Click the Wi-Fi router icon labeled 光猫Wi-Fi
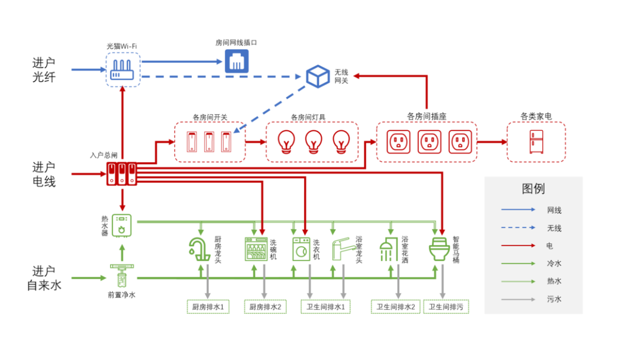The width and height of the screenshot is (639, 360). pyautogui.click(x=123, y=70)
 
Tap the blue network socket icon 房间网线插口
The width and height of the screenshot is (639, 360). pyautogui.click(x=237, y=61)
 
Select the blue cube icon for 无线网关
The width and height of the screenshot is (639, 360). pyautogui.click(x=318, y=76)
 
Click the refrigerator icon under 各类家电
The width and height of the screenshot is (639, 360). pyautogui.click(x=535, y=142)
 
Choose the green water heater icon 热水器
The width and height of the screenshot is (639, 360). pyautogui.click(x=122, y=225)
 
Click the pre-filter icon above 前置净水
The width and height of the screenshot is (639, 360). pyautogui.click(x=121, y=277)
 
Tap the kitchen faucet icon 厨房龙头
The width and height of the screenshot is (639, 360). pyautogui.click(x=199, y=249)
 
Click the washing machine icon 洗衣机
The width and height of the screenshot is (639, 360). pyautogui.click(x=301, y=249)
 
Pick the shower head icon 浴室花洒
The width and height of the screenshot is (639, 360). pyautogui.click(x=389, y=249)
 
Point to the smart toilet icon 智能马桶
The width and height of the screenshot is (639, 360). pyautogui.click(x=440, y=249)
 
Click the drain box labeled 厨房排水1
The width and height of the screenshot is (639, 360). pyautogui.click(x=208, y=307)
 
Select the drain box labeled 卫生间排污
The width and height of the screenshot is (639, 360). pyautogui.click(x=446, y=307)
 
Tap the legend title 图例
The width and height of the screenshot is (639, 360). pyautogui.click(x=533, y=189)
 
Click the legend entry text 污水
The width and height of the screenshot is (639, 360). pyautogui.click(x=554, y=299)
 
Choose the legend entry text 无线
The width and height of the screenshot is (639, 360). pyautogui.click(x=554, y=228)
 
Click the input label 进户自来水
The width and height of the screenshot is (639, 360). pyautogui.click(x=44, y=278)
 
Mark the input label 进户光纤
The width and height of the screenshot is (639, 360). pyautogui.click(x=44, y=69)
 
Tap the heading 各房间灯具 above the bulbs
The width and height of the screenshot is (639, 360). pyautogui.click(x=308, y=117)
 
